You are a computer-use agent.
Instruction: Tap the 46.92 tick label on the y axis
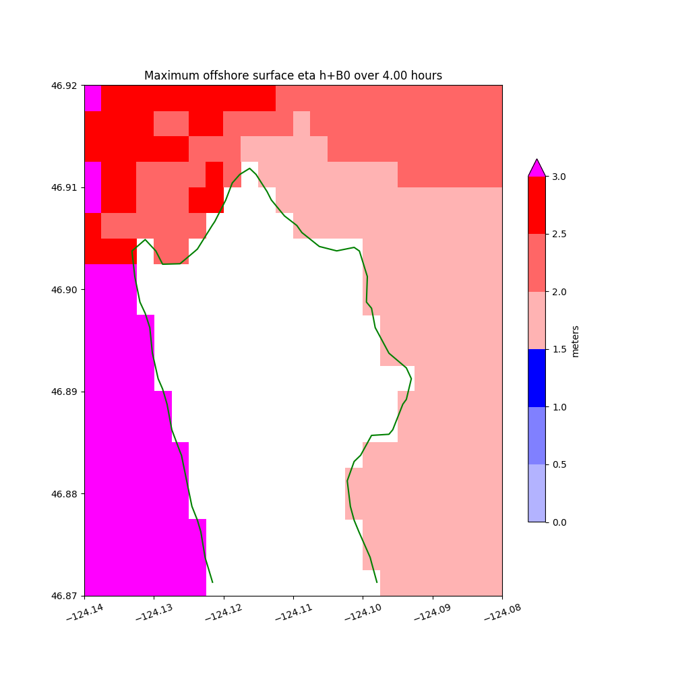[x=65, y=86]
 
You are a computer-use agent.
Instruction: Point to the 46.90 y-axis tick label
[x=65, y=290]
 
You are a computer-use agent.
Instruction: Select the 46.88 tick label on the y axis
[x=65, y=494]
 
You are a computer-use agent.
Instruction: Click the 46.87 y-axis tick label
[x=65, y=596]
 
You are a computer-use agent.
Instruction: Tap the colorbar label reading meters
[x=575, y=341]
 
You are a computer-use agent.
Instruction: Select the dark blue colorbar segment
[x=537, y=378]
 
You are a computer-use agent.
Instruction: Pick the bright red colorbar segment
[x=537, y=205]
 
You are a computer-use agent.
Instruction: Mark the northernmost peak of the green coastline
[x=249, y=168]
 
